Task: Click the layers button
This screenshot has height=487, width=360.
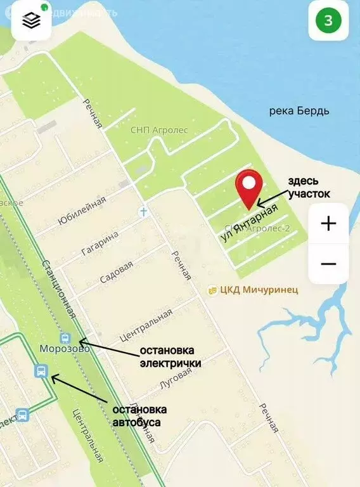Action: pos(31,21)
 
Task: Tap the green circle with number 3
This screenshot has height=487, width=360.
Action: pos(328,21)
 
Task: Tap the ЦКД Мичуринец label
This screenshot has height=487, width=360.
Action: pos(253,290)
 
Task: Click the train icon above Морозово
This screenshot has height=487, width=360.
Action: pos(65,337)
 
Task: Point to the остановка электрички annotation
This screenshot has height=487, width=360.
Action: pos(170,356)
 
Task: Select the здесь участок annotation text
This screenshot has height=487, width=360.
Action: pos(309,188)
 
